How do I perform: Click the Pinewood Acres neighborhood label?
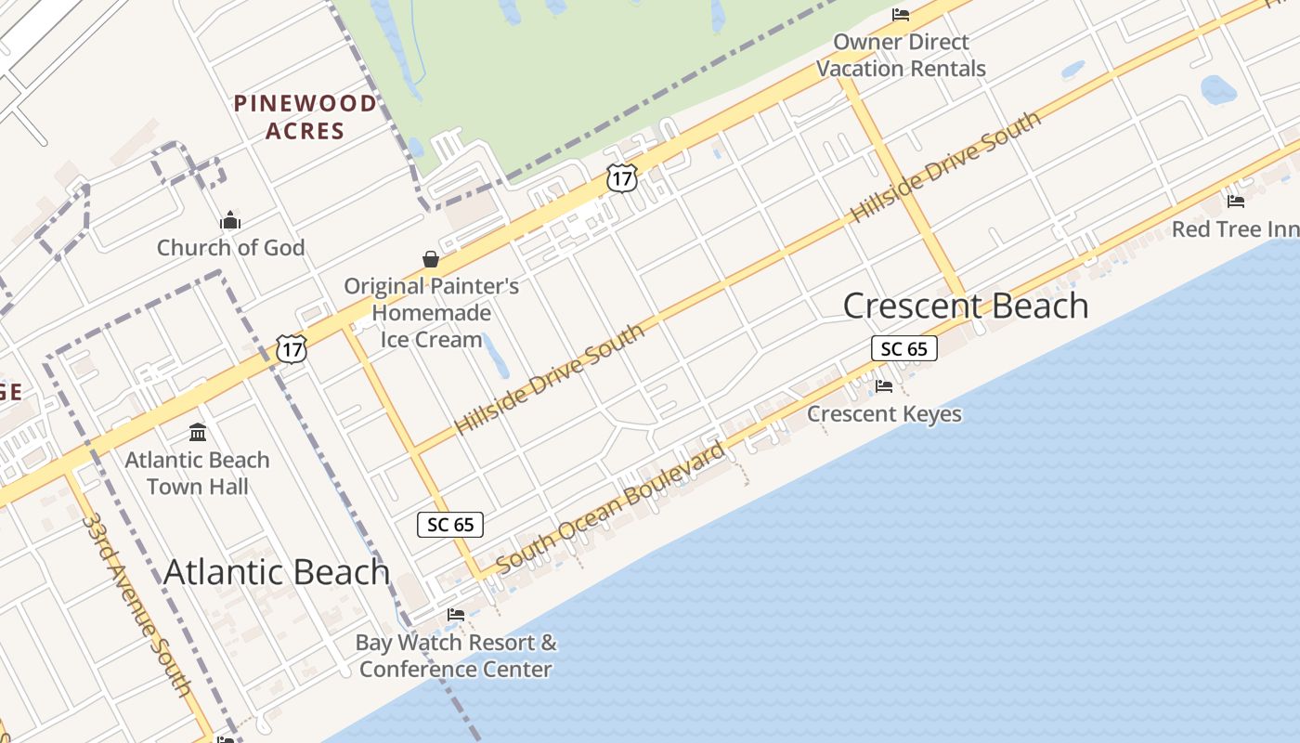coord(305,117)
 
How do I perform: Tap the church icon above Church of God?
coord(230,221)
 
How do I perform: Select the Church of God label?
coord(230,248)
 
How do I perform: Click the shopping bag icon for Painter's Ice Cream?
coord(431,259)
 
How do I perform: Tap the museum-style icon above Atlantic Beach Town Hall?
coord(198,432)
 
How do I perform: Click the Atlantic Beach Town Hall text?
coord(198,473)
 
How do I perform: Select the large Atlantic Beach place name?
coord(277,571)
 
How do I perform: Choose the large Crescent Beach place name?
coord(966,306)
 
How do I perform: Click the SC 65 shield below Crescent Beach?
coord(903,349)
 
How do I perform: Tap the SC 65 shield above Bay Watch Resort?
coord(450,525)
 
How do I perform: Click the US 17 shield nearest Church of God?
coord(292,349)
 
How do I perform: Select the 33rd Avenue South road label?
coord(136,604)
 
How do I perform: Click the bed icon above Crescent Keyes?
coord(884,386)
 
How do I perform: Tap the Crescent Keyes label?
coord(884,413)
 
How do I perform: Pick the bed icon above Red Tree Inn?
coord(1236,201)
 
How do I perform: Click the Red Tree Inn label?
coord(1235,229)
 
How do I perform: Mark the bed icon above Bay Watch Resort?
coord(456,615)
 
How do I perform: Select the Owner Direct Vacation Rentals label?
coord(901,55)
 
